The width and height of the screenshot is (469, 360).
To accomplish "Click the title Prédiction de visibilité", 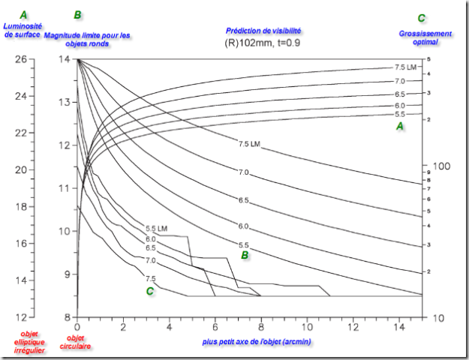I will coord(263,31).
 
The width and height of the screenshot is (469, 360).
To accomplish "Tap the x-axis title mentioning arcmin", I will coord(257,341).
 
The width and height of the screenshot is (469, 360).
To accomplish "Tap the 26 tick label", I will coord(21,59).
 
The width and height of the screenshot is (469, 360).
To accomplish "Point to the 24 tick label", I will coord(21,96).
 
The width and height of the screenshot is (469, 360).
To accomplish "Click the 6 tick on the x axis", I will coord(215,328).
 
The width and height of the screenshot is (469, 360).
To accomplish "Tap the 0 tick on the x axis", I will coord(77,328).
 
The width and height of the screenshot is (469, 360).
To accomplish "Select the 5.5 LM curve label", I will coord(157,228).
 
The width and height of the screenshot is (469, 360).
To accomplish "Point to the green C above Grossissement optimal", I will coord(422,18).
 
